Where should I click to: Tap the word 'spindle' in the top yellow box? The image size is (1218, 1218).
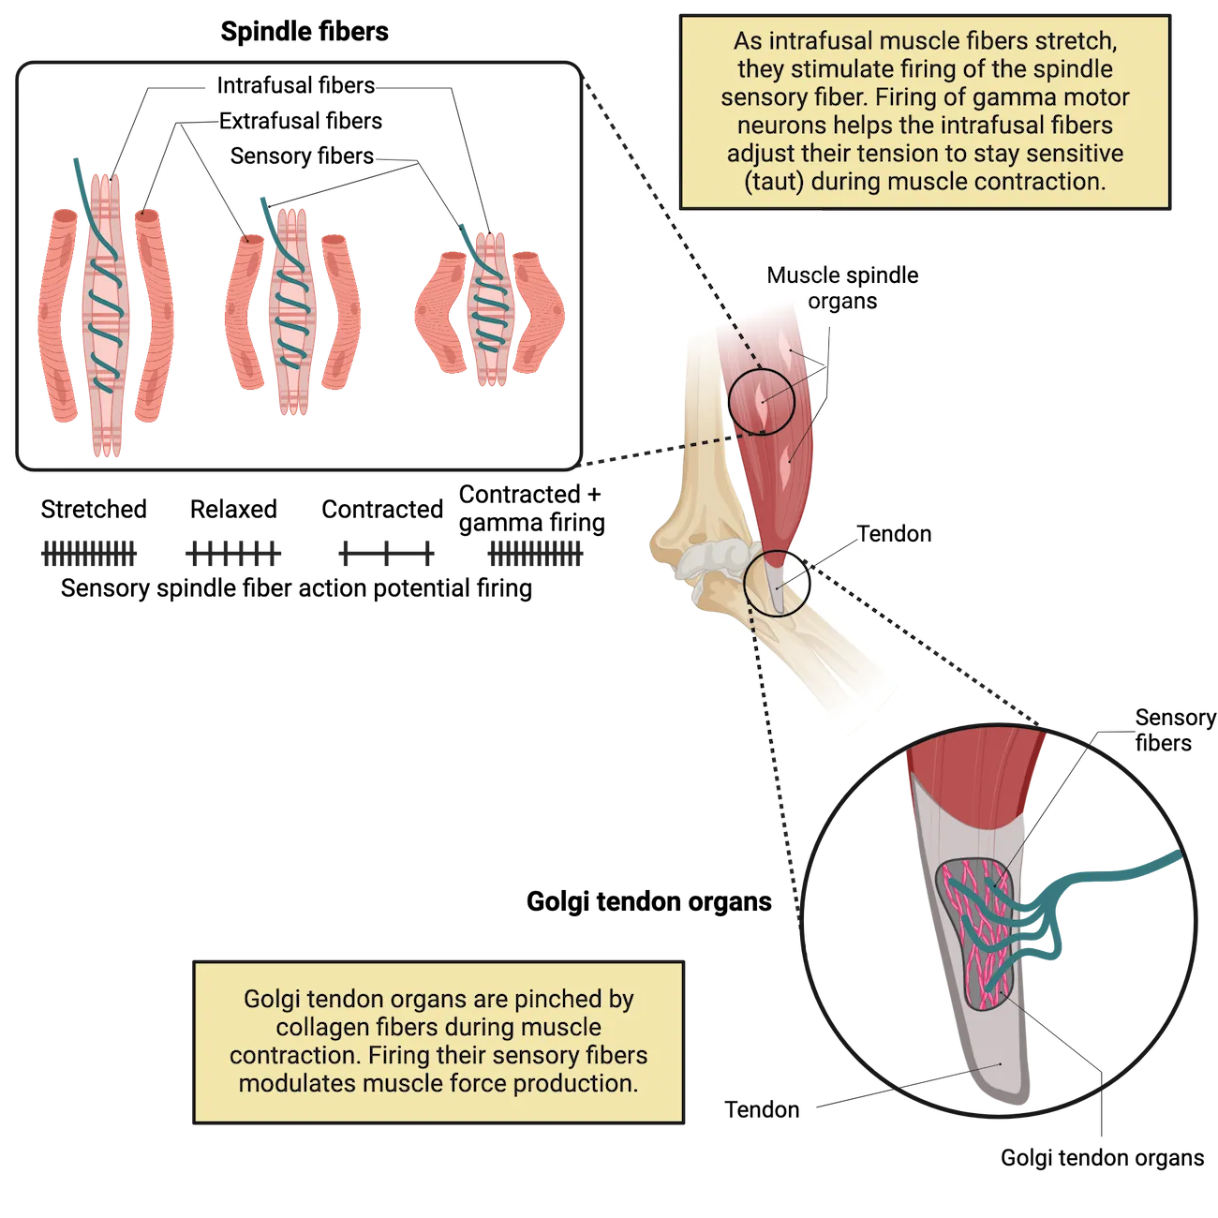point(1076,69)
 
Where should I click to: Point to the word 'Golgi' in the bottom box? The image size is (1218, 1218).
point(271,999)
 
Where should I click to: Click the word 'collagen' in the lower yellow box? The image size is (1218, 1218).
point(320,1027)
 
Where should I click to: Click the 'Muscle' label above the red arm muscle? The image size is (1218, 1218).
point(803,275)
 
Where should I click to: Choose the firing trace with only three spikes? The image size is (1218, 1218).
point(386,554)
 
